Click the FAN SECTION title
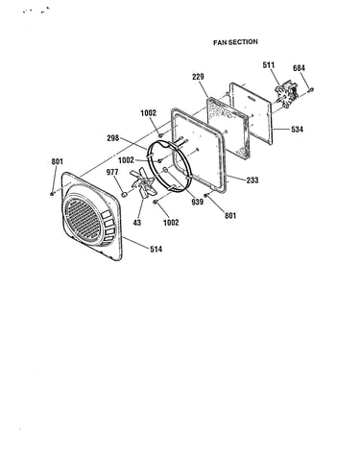point(235,42)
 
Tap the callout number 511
point(269,65)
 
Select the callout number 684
point(299,68)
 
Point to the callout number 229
point(198,77)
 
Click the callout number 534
point(297,130)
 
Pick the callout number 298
point(113,138)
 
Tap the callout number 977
point(112,172)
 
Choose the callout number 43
point(137,223)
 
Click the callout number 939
point(198,202)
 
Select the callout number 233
point(252,180)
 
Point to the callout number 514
point(156,249)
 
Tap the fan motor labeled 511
point(286,93)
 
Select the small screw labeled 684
point(310,90)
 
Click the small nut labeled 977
point(125,194)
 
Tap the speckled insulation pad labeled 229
point(228,128)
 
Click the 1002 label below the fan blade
point(171,223)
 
